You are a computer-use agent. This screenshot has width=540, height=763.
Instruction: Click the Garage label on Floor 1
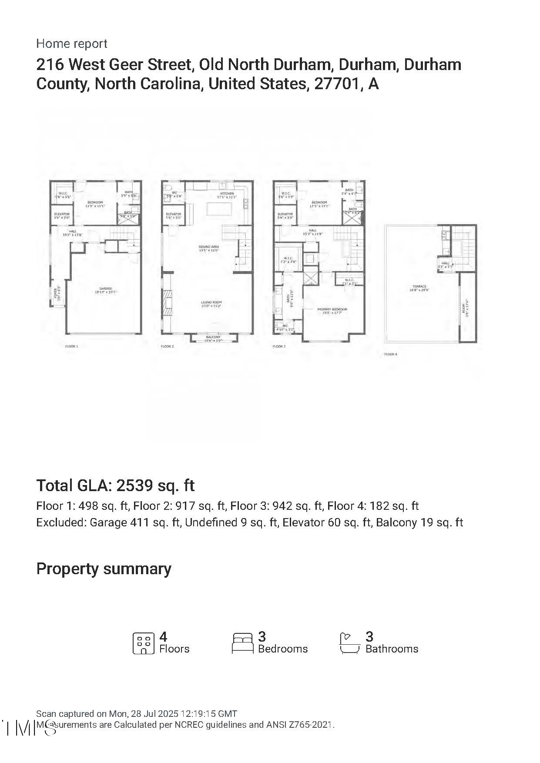105,289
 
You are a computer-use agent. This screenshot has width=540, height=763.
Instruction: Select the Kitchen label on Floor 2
227,194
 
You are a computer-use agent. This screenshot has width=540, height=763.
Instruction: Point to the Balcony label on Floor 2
213,337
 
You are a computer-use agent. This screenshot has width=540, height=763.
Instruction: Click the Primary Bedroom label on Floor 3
332,309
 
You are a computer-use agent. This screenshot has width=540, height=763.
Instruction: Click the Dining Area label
209,247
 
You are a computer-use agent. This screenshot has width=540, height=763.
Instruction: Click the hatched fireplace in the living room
168,305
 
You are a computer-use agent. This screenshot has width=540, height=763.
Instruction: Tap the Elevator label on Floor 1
62,214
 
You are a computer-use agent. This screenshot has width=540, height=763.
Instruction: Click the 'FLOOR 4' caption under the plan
390,355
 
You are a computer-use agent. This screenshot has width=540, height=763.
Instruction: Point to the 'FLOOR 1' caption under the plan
71,347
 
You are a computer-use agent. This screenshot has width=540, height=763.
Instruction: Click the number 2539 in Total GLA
134,485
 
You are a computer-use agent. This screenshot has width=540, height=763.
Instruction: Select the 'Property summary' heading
104,569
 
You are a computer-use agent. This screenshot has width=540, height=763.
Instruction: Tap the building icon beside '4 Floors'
144,643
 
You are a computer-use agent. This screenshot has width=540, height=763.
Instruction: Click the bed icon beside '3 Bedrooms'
243,643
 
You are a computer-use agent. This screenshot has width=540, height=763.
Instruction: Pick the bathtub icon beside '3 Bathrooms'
350,643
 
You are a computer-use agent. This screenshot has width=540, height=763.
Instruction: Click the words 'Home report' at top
71,44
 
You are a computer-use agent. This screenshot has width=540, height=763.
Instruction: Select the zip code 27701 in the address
336,84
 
